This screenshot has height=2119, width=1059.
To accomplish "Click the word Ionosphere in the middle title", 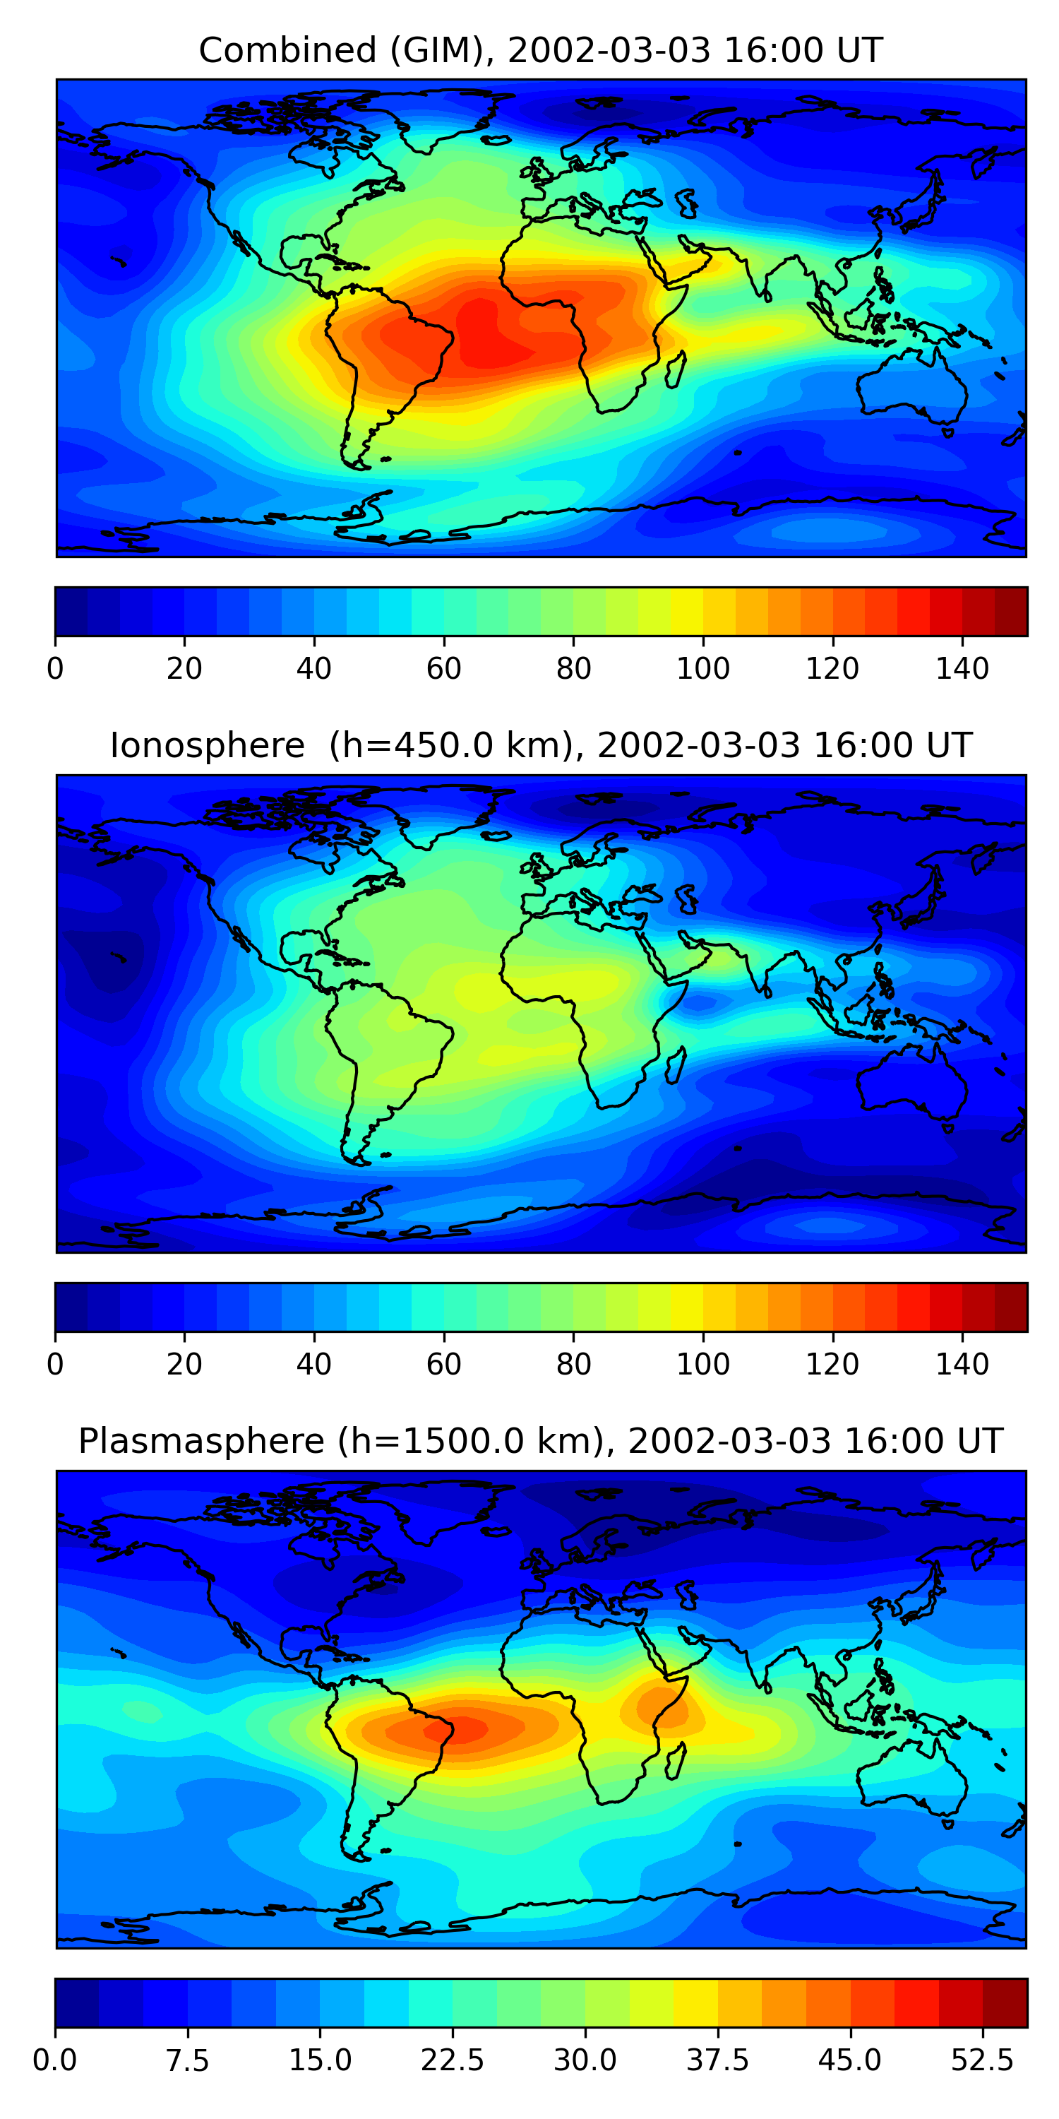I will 207,745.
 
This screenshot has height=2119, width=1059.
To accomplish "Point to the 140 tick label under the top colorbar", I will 962,669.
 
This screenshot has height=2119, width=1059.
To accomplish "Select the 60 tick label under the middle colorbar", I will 444,1364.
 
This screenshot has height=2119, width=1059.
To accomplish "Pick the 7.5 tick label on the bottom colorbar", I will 188,2060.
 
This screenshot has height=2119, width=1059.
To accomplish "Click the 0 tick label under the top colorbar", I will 55,669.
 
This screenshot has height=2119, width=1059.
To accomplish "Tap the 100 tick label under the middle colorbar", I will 703,1364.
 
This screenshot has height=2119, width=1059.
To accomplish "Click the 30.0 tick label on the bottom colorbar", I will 585,2060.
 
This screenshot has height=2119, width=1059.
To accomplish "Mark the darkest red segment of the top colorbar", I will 1011,611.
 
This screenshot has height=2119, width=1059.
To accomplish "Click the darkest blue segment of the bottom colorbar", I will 76,2002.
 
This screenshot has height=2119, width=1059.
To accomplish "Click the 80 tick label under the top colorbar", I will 573,669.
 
